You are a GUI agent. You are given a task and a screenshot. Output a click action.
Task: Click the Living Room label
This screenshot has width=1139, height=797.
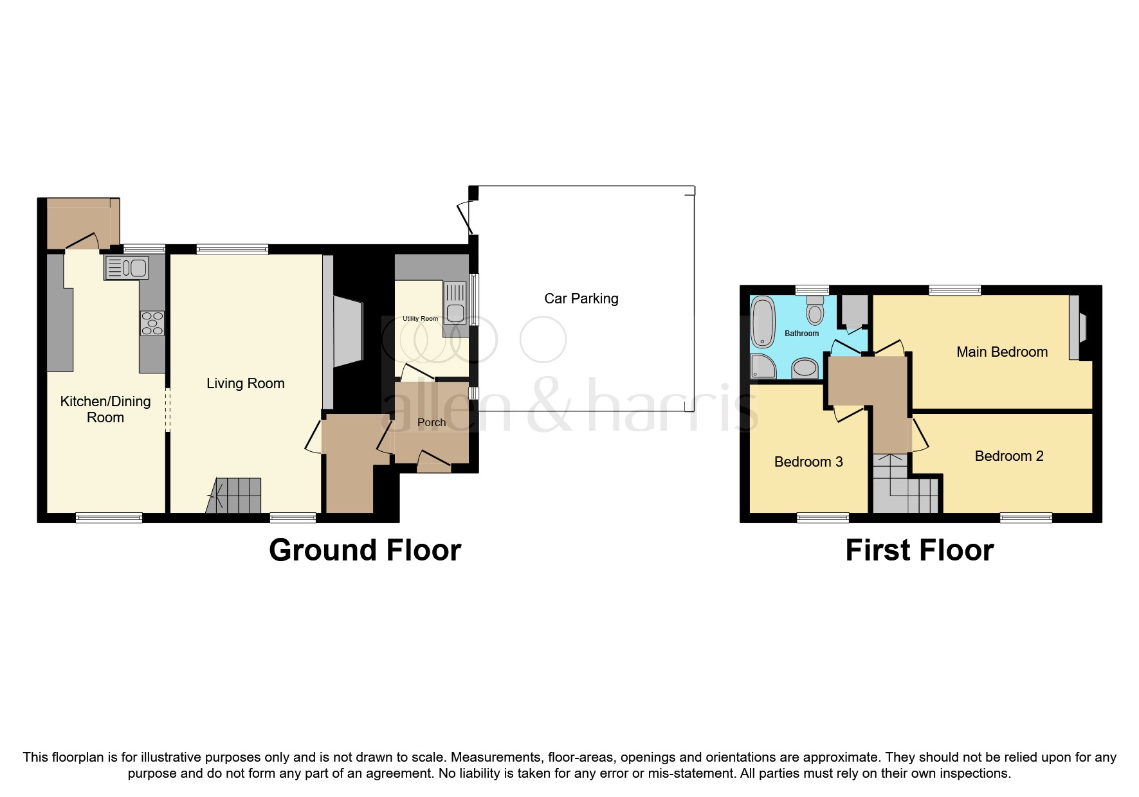245,384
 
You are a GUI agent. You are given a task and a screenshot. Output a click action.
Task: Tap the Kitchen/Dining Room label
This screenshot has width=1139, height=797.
105,409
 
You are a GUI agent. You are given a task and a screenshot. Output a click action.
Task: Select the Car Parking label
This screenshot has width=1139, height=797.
581,299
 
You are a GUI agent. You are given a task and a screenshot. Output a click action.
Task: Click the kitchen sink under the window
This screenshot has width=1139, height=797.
126,267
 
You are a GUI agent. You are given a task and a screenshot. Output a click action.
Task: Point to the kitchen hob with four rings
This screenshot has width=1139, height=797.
152,323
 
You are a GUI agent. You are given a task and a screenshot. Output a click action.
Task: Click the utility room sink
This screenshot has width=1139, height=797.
455,312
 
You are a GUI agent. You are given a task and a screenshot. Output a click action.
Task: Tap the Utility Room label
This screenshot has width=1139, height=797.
420,319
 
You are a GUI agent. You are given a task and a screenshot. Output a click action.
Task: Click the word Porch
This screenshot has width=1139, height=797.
432,423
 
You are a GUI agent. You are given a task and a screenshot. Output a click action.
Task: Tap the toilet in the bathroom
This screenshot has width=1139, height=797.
815,310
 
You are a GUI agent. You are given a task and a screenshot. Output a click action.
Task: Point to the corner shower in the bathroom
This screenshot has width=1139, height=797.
762,366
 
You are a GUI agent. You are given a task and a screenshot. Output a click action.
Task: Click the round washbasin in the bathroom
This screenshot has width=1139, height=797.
805,368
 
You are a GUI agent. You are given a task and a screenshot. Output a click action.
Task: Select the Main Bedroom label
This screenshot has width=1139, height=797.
1001,352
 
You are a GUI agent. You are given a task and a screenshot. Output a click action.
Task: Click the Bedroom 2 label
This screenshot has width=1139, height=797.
1008,456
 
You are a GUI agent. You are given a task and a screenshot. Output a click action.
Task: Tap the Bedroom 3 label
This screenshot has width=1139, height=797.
808,462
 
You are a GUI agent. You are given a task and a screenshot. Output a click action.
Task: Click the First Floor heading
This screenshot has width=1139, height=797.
919,551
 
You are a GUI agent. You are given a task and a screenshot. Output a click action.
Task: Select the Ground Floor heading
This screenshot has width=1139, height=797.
365,551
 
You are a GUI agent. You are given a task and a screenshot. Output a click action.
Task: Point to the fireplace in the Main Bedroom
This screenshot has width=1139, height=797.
1077,327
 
